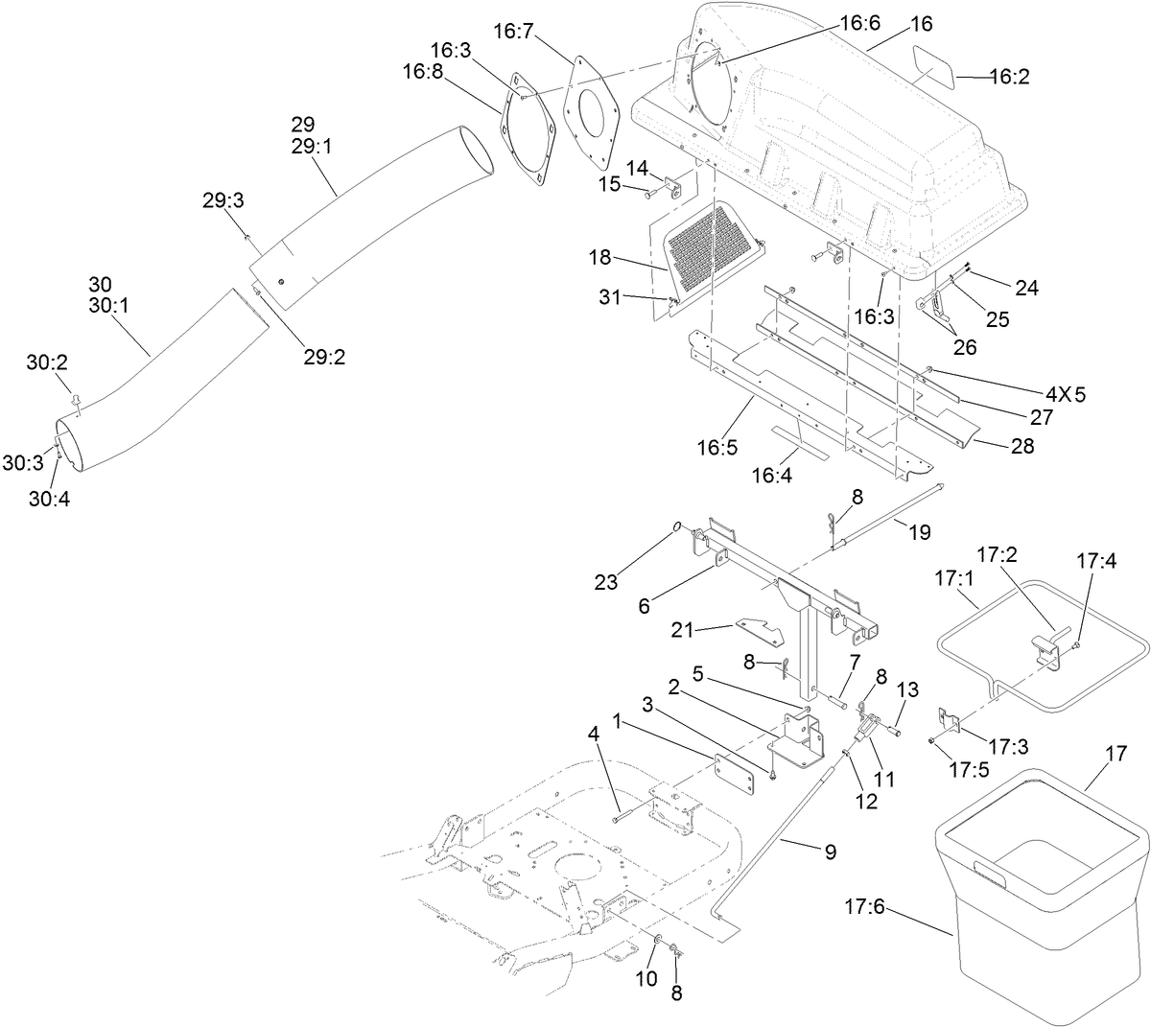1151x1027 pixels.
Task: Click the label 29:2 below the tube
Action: (324, 357)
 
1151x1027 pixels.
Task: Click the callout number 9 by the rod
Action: (829, 850)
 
